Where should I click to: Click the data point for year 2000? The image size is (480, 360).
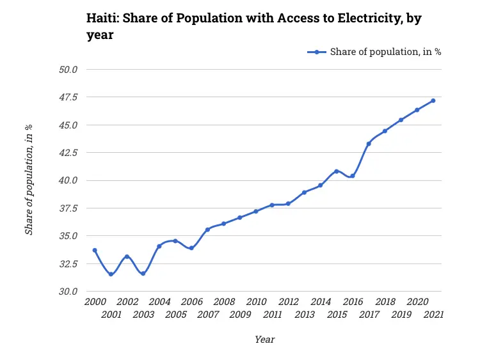tap(95, 250)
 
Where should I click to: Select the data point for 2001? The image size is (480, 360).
tap(111, 274)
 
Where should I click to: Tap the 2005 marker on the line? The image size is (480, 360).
tap(175, 241)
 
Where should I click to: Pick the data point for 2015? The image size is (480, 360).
tap(337, 171)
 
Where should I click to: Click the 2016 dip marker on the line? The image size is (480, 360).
tap(353, 176)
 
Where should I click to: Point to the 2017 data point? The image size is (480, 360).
tap(369, 144)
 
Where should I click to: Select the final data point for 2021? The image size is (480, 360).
tap(433, 100)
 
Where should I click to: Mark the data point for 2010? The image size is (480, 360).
tap(256, 211)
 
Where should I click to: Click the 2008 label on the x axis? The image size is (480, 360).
tap(223, 302)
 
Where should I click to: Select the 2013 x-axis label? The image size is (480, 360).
tap(305, 315)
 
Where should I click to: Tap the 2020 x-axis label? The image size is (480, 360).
tap(417, 302)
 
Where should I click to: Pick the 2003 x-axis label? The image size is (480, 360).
tap(143, 315)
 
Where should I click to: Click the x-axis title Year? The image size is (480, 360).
tap(264, 340)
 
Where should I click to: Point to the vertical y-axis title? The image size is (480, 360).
tap(29, 180)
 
